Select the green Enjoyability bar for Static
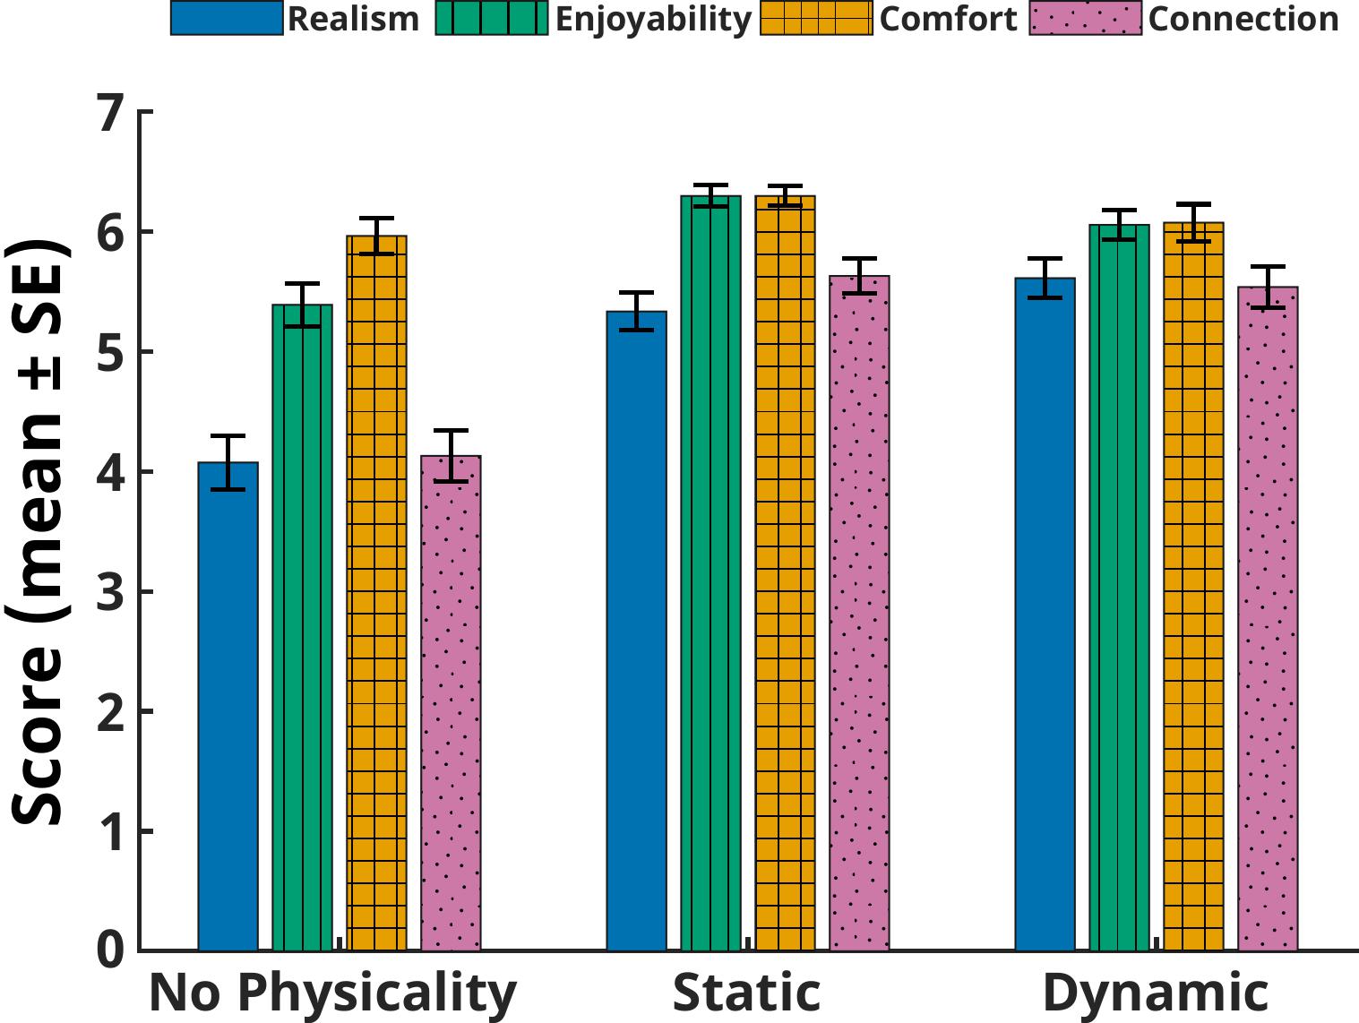[710, 573]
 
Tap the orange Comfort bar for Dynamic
[1193, 587]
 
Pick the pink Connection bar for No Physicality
[451, 703]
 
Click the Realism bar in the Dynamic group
[1045, 614]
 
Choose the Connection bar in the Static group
[859, 613]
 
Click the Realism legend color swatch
[227, 19]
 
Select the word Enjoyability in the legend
[653, 19]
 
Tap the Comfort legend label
[948, 19]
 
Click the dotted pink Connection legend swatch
[1086, 19]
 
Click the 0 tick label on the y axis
[110, 950]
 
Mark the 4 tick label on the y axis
[110, 472]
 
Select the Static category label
[746, 993]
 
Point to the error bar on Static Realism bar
[636, 311]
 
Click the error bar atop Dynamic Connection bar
[1268, 287]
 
